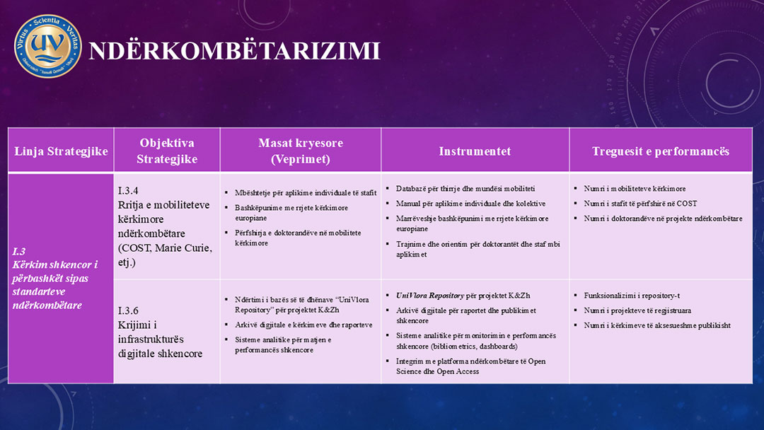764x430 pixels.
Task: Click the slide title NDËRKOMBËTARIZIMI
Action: tap(234, 52)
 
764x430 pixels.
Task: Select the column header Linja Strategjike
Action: tap(61, 151)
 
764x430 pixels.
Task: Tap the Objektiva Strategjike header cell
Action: tap(167, 151)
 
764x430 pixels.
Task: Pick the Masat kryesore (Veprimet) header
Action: tap(300, 151)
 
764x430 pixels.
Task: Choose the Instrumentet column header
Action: tap(475, 151)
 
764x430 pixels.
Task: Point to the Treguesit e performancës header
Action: tap(660, 151)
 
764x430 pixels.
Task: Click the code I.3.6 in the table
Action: tap(128, 310)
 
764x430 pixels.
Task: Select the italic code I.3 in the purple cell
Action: tap(19, 251)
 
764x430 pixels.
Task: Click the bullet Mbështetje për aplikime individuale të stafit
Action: tap(306, 192)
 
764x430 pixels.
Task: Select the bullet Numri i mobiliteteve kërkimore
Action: tap(635, 189)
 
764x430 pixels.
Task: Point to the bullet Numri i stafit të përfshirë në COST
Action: tap(640, 204)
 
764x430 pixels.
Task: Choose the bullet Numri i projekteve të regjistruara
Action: tap(637, 310)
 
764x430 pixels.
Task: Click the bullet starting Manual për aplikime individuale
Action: tap(470, 204)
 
